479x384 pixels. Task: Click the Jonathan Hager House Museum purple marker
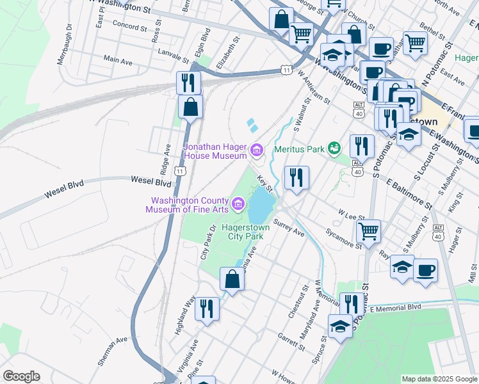pos(257,151)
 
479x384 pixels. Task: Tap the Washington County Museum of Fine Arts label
pos(190,204)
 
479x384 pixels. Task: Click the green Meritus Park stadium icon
pos(333,148)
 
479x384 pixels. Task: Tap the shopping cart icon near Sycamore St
pos(368,231)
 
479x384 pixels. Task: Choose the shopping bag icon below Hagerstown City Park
pos(232,279)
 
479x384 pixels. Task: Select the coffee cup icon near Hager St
pos(425,270)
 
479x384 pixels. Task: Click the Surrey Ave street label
pos(289,228)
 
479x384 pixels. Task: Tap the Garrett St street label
pos(291,341)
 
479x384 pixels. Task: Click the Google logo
pos(21,376)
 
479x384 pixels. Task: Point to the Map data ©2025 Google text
pos(439,378)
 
